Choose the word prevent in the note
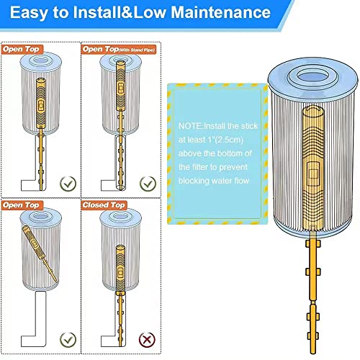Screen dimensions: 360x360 click(240, 167)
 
